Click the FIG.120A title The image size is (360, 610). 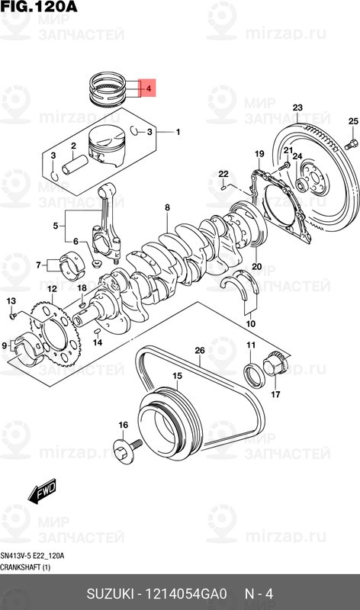[x=39, y=7]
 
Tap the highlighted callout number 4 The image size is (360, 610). [x=149, y=89]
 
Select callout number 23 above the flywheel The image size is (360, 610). [x=297, y=107]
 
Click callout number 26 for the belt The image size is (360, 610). [x=199, y=351]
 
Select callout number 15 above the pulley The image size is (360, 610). [x=176, y=376]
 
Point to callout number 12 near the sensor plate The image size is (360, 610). [x=50, y=289]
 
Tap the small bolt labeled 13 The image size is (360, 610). [x=13, y=314]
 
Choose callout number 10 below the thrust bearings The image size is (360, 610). [x=250, y=323]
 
